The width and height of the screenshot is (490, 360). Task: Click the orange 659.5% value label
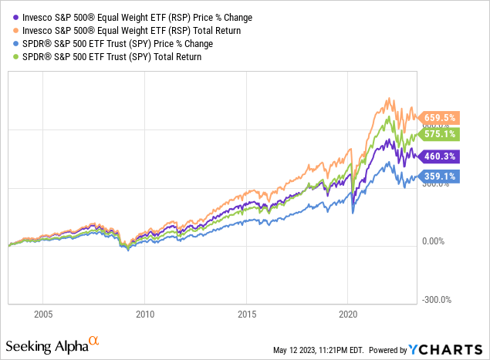[440, 118]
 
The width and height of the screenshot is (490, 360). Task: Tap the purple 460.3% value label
[440, 156]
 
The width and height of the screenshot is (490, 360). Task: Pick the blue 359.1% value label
[440, 176]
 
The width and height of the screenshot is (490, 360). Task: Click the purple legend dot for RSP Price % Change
[8, 17]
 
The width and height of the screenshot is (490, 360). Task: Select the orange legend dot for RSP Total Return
[8, 30]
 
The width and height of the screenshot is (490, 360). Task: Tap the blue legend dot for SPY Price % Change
[8, 43]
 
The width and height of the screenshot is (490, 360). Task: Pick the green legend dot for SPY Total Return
[8, 56]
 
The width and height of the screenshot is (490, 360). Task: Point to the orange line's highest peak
[390, 99]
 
